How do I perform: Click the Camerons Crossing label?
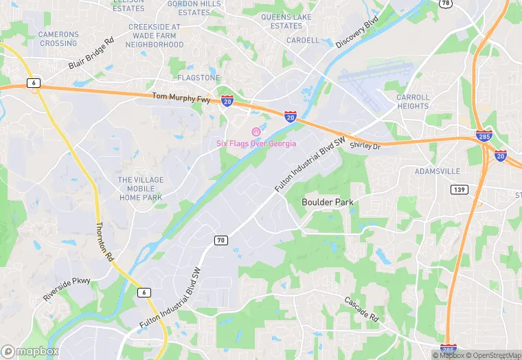(58, 38)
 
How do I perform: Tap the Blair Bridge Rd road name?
(91, 54)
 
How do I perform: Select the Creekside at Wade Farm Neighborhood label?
(155, 36)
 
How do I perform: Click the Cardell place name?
(303, 41)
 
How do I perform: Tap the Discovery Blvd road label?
(357, 33)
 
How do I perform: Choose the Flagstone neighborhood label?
(198, 78)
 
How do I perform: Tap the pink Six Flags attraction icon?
(256, 132)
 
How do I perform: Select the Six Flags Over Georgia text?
(256, 144)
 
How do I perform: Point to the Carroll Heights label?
(413, 102)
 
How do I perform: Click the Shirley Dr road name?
(365, 146)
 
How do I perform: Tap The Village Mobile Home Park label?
(141, 189)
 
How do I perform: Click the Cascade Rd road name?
(362, 309)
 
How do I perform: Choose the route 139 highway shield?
(459, 189)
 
